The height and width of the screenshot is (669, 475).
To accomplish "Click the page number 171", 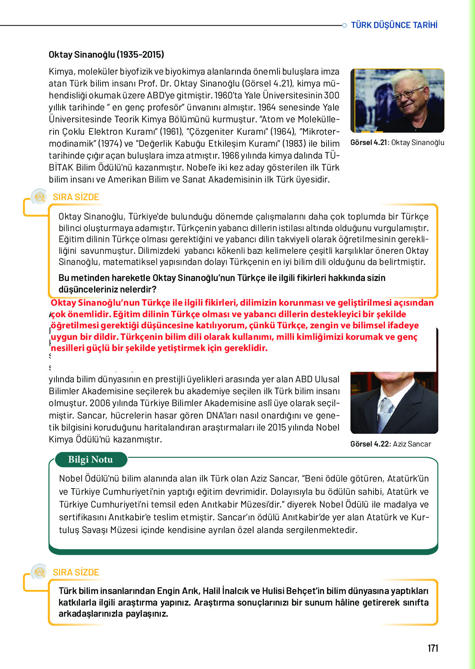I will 433,648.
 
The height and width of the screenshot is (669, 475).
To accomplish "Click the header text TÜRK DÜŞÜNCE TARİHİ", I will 394,25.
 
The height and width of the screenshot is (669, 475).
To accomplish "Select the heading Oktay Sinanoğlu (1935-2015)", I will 106,54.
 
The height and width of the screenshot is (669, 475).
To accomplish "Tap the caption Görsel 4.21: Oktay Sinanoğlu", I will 397,143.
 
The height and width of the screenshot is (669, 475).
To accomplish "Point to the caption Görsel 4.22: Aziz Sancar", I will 390,444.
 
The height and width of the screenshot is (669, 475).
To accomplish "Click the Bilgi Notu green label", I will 90,460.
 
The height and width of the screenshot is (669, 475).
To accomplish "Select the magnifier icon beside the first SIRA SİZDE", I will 40,197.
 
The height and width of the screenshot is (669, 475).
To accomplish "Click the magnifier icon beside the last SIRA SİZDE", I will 40,572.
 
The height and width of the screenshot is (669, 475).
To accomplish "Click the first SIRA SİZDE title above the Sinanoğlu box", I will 76,197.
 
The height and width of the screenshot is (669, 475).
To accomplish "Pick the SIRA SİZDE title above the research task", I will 76,572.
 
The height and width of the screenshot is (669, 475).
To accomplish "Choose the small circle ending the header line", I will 344,26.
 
